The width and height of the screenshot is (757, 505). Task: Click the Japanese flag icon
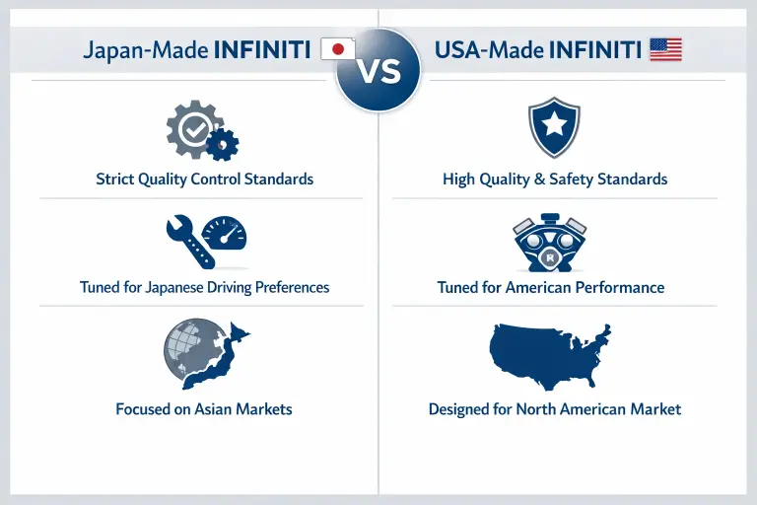[x=338, y=49]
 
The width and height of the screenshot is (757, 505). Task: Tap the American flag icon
[x=666, y=49]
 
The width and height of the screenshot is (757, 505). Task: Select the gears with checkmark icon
[x=201, y=131]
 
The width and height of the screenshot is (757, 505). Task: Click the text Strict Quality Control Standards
[x=204, y=180]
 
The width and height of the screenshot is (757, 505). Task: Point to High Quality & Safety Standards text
[x=555, y=180]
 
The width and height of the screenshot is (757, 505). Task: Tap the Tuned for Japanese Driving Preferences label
[x=204, y=288]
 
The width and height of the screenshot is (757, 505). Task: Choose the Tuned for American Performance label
[x=550, y=288]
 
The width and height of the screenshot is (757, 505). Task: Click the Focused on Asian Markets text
[x=204, y=408]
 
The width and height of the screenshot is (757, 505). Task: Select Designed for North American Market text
[x=554, y=408]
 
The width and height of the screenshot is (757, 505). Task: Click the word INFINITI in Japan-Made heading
[x=263, y=50]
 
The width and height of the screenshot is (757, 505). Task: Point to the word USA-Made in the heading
[x=490, y=50]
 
